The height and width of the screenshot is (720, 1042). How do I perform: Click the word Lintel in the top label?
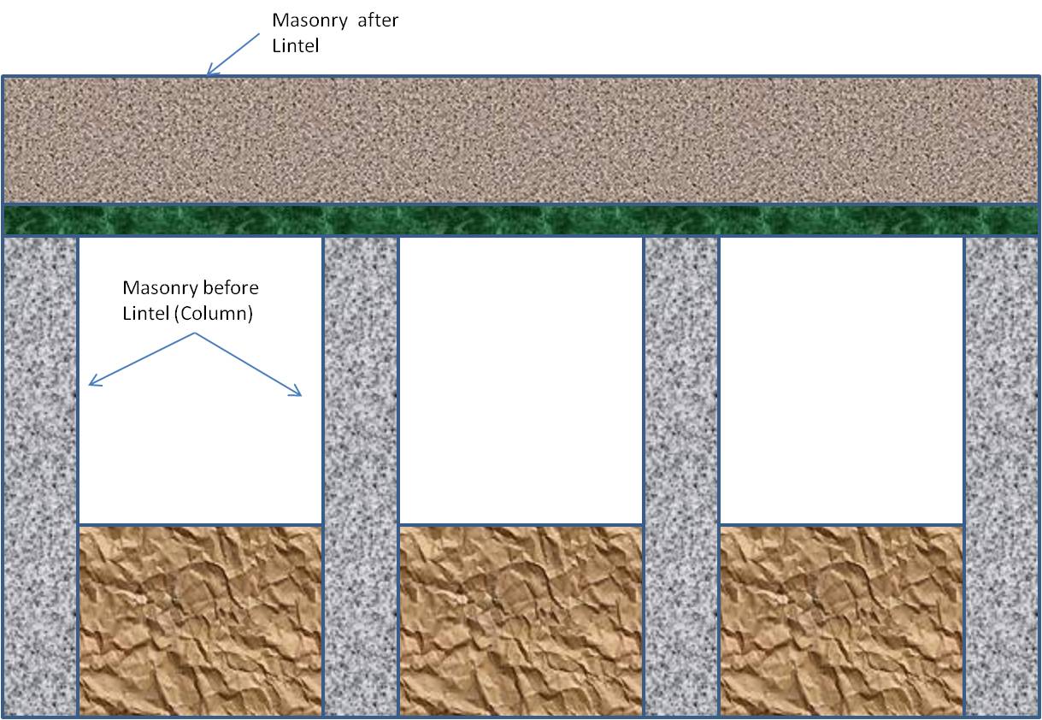pyautogui.click(x=294, y=46)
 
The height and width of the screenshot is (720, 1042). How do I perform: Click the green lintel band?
pyautogui.click(x=521, y=221)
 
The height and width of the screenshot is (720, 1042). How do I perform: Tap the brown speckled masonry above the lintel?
pyautogui.click(x=521, y=140)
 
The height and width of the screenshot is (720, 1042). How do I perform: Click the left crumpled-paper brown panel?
pyautogui.click(x=201, y=620)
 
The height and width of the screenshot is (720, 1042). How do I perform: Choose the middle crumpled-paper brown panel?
pyautogui.click(x=521, y=620)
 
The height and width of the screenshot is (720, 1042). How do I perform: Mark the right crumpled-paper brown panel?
pyautogui.click(x=841, y=620)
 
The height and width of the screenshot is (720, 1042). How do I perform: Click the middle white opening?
pyautogui.click(x=521, y=380)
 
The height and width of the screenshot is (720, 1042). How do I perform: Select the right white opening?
pyautogui.click(x=841, y=380)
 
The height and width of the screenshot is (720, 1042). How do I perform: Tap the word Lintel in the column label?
pyautogui.click(x=145, y=314)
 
